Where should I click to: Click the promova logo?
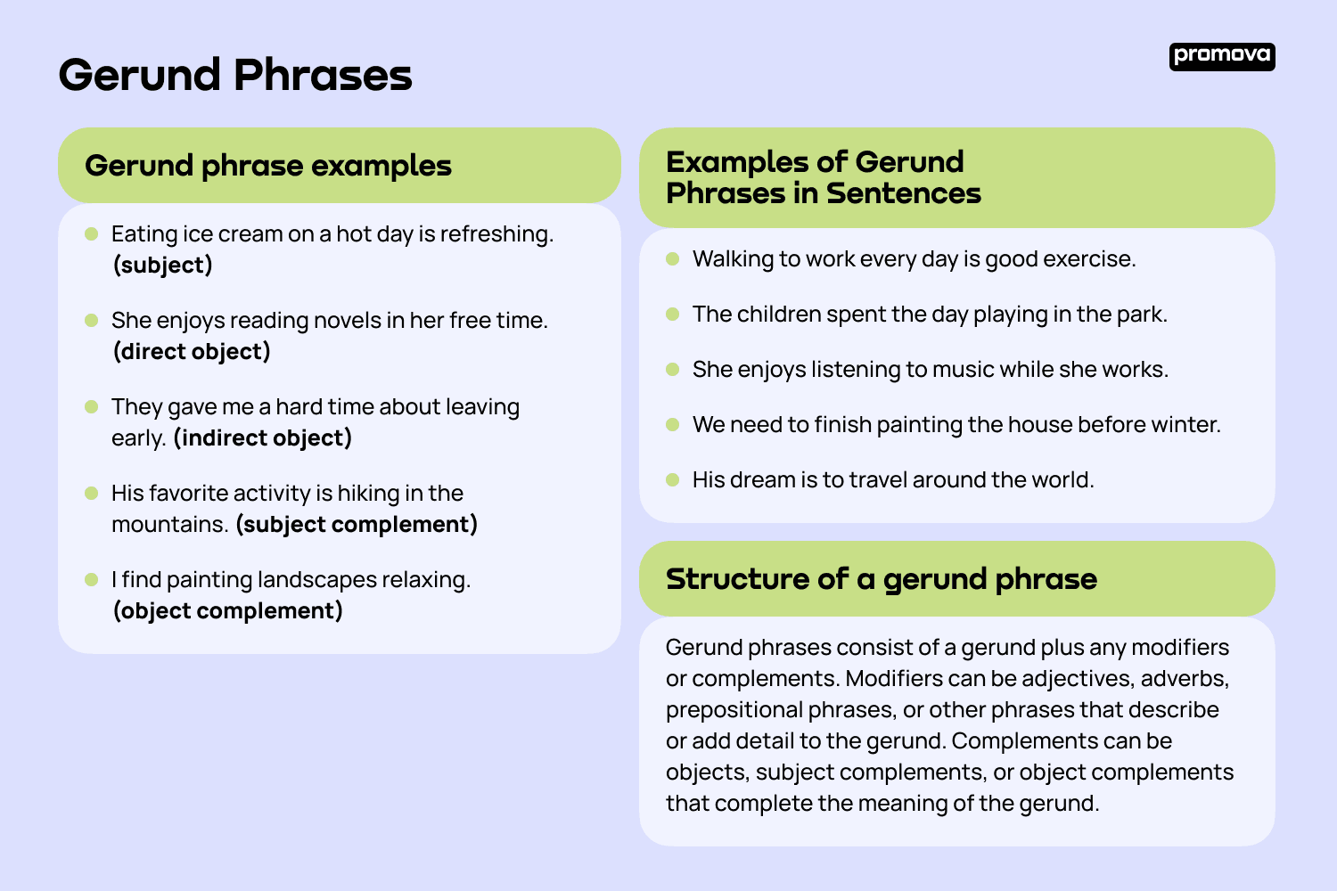[x=1222, y=57]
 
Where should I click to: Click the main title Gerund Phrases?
[x=235, y=75]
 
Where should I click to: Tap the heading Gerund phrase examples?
[x=268, y=166]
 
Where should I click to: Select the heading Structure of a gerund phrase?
[x=881, y=579]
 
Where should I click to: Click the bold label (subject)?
[x=163, y=265]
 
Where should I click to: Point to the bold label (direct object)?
[x=192, y=352]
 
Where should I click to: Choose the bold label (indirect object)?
[x=263, y=438]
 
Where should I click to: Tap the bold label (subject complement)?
[x=357, y=525]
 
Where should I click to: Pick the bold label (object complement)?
[x=228, y=611]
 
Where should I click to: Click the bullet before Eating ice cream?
[x=91, y=234]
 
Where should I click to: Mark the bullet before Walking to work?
[x=673, y=259]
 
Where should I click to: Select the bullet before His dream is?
[x=673, y=480]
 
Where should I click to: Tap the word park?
[x=1142, y=315]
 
